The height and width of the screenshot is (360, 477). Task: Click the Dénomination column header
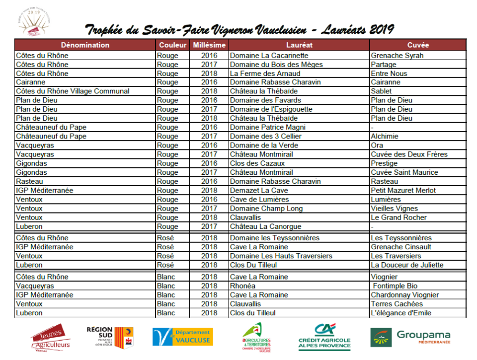coord(85,45)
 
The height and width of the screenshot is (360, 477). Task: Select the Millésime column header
coord(209,45)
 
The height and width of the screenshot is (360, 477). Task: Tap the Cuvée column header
coord(417,45)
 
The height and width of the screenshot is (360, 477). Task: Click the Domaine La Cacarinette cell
coord(269,56)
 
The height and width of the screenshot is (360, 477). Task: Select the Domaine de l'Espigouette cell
coord(271,109)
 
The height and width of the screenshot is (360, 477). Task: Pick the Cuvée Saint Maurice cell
coord(404,172)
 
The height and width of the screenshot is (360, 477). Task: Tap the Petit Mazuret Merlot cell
coord(403,190)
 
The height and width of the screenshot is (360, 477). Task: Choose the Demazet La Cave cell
coord(259,190)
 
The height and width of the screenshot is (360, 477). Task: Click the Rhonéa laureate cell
coord(242,286)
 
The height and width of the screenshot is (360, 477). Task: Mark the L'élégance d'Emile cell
coord(401,313)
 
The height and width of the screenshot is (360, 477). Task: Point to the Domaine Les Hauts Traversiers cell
coord(281,256)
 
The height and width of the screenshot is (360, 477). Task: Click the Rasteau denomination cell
coord(29,181)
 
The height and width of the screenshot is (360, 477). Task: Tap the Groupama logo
coord(410,337)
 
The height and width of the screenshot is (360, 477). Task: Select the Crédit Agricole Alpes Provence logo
coord(324,337)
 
